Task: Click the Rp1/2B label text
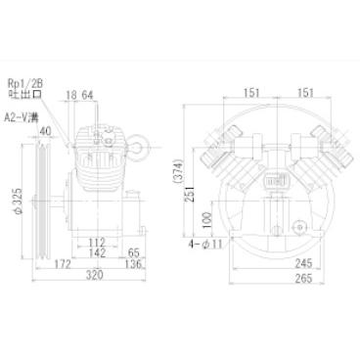point(25,83)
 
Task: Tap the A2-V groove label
point(22,117)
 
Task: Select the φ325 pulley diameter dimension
point(18,201)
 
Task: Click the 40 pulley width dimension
point(46,131)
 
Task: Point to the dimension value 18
point(71,95)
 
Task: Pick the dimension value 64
point(87,95)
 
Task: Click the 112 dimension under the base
point(97,243)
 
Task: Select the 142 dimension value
point(97,252)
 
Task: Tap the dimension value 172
point(62,264)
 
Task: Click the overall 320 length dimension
point(94,275)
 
